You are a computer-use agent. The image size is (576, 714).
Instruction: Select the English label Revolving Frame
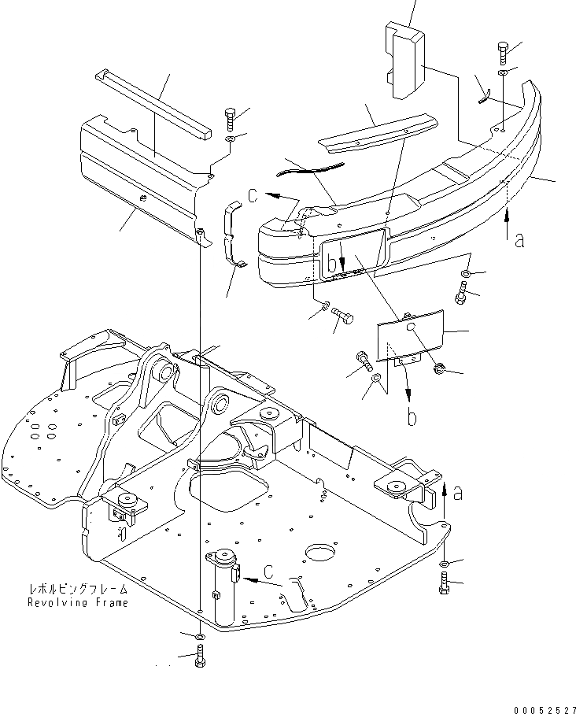[x=77, y=602]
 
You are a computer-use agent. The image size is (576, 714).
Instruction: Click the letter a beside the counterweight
[x=519, y=240]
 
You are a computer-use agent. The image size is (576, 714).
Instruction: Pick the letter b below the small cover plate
[x=412, y=417]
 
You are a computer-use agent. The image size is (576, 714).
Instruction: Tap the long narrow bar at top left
[x=154, y=102]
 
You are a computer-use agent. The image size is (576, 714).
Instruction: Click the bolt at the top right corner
[x=504, y=53]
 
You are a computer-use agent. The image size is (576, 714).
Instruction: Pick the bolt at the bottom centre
[x=200, y=656]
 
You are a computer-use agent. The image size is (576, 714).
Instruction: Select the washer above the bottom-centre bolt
[x=200, y=634]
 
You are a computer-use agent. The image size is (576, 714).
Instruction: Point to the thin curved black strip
[x=311, y=167]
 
